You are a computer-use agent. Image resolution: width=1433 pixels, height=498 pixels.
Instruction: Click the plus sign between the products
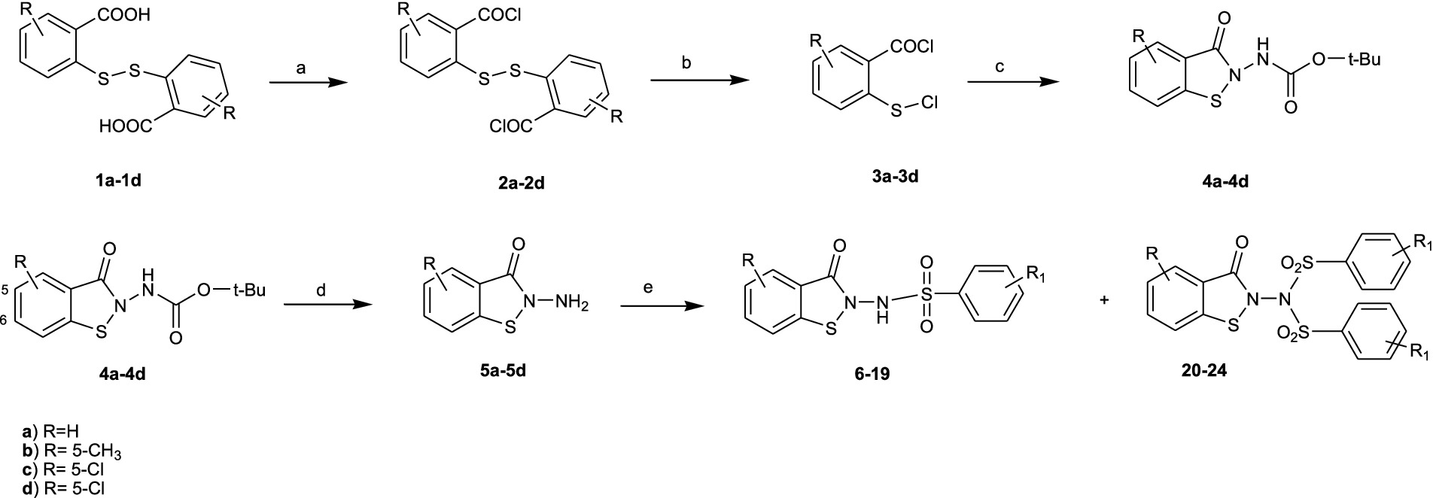[1105, 300]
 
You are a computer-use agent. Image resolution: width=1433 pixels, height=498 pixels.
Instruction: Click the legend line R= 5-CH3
[71, 451]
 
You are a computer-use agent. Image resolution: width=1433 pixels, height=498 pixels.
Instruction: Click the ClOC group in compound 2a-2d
[511, 128]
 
